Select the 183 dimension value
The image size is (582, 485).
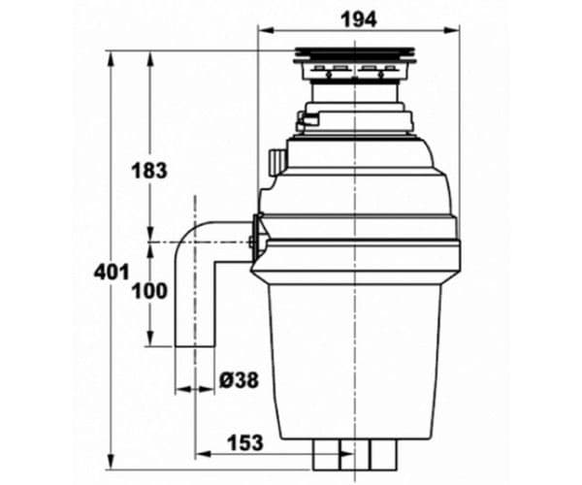point(148,171)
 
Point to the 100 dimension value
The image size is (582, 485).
point(148,291)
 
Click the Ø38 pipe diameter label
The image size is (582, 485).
point(239,381)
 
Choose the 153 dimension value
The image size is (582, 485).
point(243,442)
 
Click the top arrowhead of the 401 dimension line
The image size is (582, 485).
point(111,56)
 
